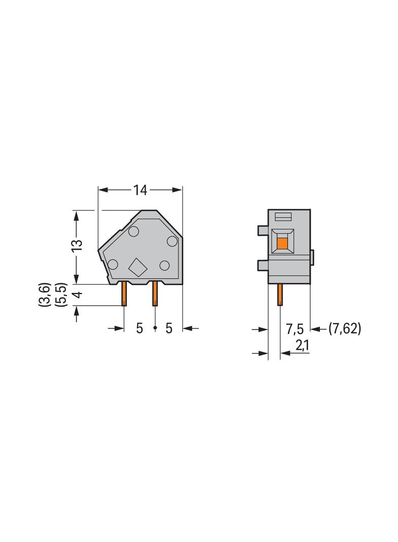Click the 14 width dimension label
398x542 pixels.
(x=140, y=190)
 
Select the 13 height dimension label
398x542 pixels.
(x=76, y=246)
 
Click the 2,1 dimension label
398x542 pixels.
(x=302, y=346)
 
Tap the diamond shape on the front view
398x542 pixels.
(x=137, y=266)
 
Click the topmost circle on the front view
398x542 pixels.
(x=134, y=232)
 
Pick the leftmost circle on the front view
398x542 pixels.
(x=113, y=264)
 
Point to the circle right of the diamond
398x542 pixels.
(x=164, y=265)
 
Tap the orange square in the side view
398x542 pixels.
(x=282, y=243)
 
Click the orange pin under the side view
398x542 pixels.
(x=279, y=294)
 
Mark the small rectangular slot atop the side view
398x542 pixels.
(x=283, y=217)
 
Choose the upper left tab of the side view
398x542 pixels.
(x=262, y=231)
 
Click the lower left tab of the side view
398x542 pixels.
(x=262, y=264)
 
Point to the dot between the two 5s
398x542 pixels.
(x=155, y=329)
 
